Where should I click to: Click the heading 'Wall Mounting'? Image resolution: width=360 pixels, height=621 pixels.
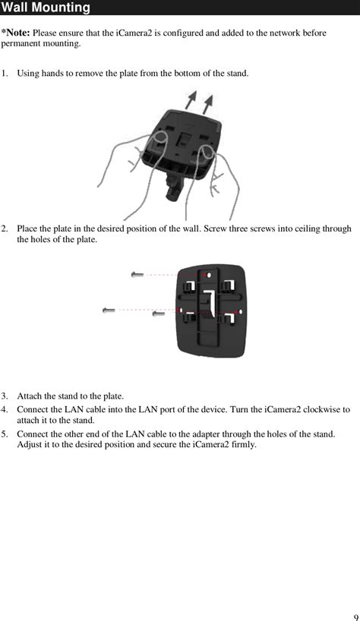(x=46, y=8)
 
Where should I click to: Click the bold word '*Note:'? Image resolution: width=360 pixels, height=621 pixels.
(x=15, y=33)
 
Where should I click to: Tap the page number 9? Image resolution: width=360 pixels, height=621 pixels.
(x=355, y=616)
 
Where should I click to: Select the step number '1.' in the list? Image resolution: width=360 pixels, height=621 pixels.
(x=5, y=74)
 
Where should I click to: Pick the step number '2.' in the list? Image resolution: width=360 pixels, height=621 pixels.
(x=5, y=229)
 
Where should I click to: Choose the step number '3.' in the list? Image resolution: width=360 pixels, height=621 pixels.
(x=5, y=396)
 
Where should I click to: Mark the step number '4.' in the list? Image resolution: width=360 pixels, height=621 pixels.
(x=5, y=410)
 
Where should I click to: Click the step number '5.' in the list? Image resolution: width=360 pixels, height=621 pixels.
(x=5, y=434)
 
